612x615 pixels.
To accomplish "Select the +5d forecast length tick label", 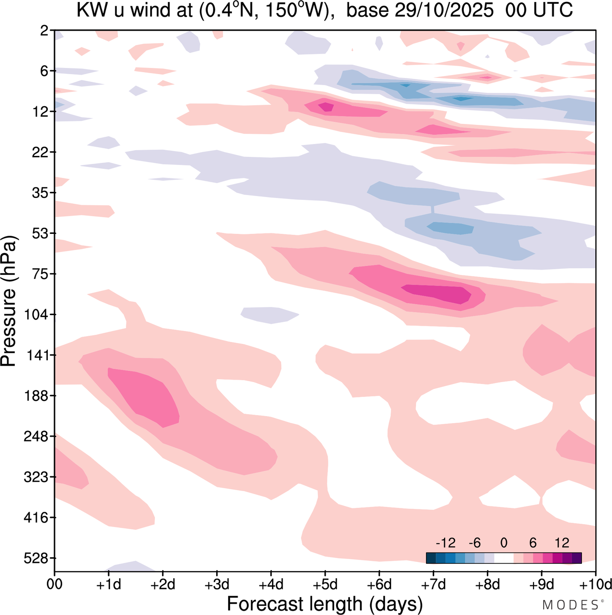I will pyautogui.click(x=325, y=585).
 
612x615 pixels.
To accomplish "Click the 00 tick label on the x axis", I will pyautogui.click(x=55, y=585).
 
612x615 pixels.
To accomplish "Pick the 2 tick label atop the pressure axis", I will pyautogui.click(x=44, y=31).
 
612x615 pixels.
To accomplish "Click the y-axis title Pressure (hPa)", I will pyautogui.click(x=10, y=301).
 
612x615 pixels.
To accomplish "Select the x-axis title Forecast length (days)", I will pyautogui.click(x=325, y=604).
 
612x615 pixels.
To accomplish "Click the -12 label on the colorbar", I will pyautogui.click(x=445, y=543).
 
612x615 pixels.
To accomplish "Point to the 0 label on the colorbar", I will pyautogui.click(x=504, y=543).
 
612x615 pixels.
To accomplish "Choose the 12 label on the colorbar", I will pyautogui.click(x=562, y=543).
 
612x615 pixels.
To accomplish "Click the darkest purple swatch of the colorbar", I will pyautogui.click(x=577, y=558).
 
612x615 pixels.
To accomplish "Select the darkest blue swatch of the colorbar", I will pyautogui.click(x=431, y=558).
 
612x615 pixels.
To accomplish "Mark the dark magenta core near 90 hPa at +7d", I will pyautogui.click(x=437, y=293).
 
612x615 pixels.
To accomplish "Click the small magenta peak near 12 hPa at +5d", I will pyautogui.click(x=327, y=107).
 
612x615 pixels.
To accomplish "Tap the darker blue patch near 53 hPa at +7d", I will pyautogui.click(x=449, y=228).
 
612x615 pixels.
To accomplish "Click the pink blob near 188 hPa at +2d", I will pyautogui.click(x=143, y=397).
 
